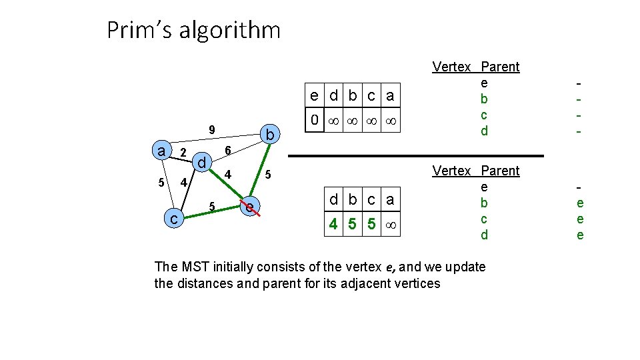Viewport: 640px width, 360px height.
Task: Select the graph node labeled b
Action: (x=270, y=135)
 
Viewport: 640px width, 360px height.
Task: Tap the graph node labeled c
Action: (x=174, y=217)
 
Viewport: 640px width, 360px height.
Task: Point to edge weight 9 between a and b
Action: (x=211, y=129)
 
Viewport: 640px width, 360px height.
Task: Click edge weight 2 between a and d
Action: (x=183, y=153)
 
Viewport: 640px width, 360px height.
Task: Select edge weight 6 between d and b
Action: (x=228, y=151)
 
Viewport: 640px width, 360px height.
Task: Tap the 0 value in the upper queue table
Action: (x=314, y=121)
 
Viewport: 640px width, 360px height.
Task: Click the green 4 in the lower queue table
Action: (x=333, y=224)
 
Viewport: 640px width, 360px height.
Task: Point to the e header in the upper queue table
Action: (x=314, y=95)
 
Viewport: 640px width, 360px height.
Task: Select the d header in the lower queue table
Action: (x=333, y=199)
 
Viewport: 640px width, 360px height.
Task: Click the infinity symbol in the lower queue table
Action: (x=391, y=225)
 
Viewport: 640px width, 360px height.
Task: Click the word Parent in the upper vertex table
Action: (x=500, y=67)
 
